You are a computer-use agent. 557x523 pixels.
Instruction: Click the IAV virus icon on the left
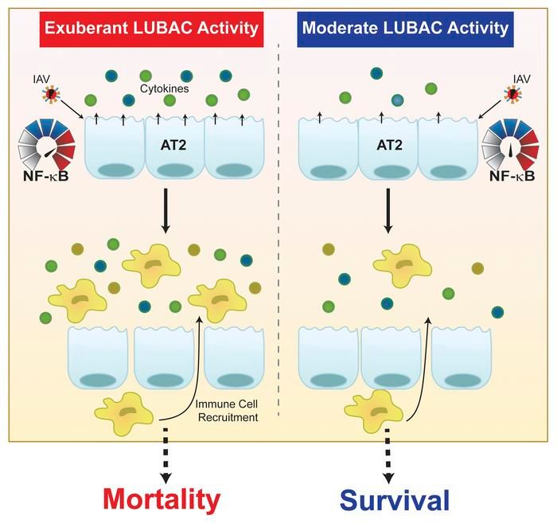(x=52, y=96)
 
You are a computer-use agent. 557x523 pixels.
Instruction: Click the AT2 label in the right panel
(x=391, y=147)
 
